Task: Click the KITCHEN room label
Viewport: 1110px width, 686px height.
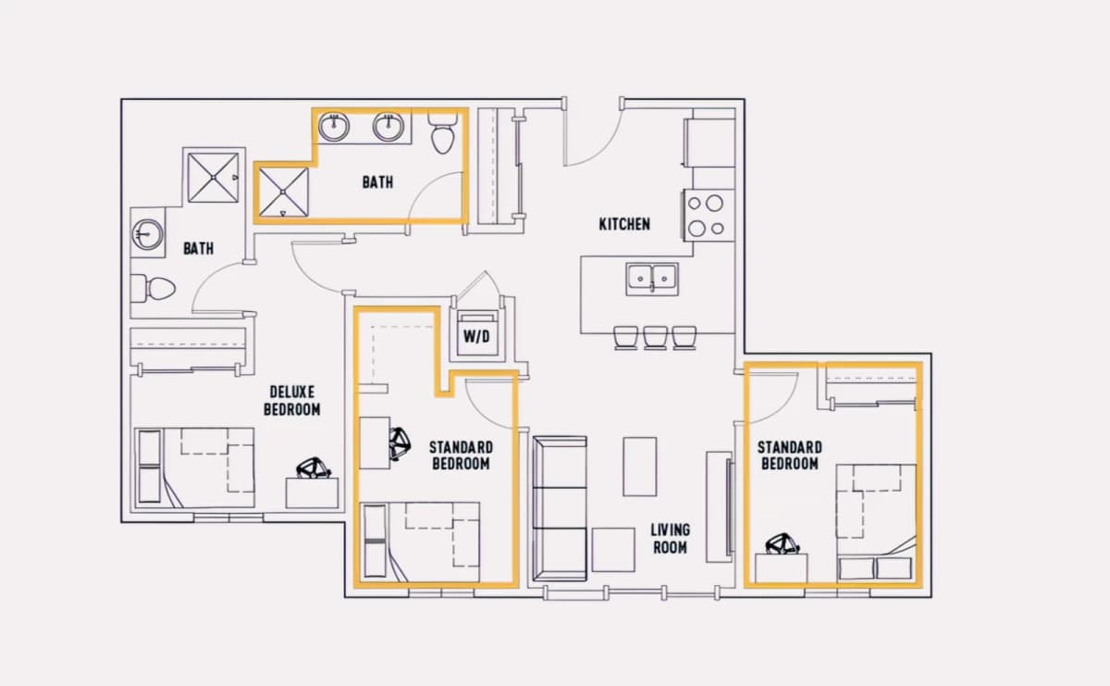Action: (x=624, y=224)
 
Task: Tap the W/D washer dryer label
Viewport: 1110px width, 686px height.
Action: (x=476, y=337)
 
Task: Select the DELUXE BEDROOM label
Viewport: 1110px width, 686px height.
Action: (x=292, y=401)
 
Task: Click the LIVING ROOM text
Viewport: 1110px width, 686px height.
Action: (x=670, y=539)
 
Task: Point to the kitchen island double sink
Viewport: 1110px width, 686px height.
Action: (x=651, y=280)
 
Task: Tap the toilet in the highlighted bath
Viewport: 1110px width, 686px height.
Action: (x=442, y=133)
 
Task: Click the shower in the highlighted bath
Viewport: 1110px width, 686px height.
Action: (x=283, y=192)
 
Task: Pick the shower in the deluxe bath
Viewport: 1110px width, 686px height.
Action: (x=213, y=178)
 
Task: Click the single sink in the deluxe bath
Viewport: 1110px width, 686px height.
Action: (x=147, y=234)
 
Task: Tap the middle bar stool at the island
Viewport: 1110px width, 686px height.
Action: (x=655, y=338)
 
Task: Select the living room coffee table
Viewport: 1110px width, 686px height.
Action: (x=640, y=467)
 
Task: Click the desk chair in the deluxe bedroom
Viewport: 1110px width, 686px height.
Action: (x=314, y=468)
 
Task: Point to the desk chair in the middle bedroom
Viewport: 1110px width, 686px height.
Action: (x=400, y=443)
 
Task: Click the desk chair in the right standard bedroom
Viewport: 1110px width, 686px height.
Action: (x=783, y=544)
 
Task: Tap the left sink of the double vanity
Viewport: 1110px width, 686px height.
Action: (x=334, y=127)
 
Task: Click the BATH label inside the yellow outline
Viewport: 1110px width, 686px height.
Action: (x=377, y=182)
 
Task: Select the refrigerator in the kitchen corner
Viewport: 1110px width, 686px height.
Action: (x=709, y=143)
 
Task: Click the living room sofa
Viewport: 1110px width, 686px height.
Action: (x=560, y=508)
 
